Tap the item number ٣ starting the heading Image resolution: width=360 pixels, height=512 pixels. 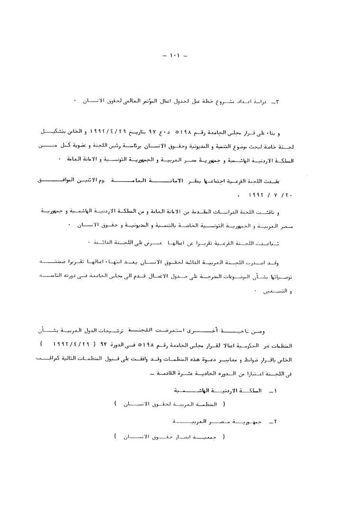tap(280, 102)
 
